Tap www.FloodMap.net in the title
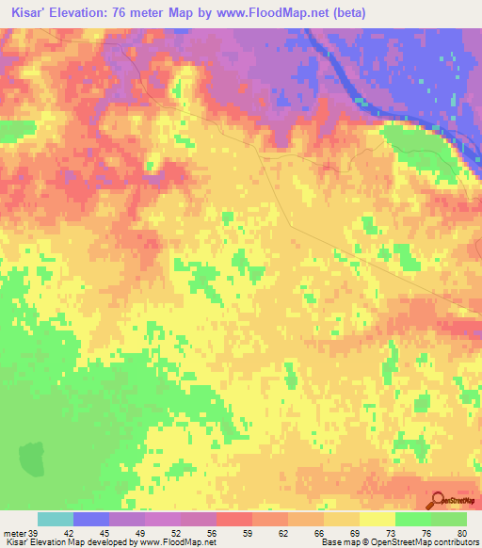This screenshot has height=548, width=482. pos(281,13)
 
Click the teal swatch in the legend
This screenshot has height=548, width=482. pos(56,519)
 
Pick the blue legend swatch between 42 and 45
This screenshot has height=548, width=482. pos(91,519)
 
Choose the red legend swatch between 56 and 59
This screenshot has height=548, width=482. pos(234,519)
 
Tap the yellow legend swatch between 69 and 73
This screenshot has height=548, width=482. pos(378,519)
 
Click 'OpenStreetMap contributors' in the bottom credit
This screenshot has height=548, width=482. pos(426,542)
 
